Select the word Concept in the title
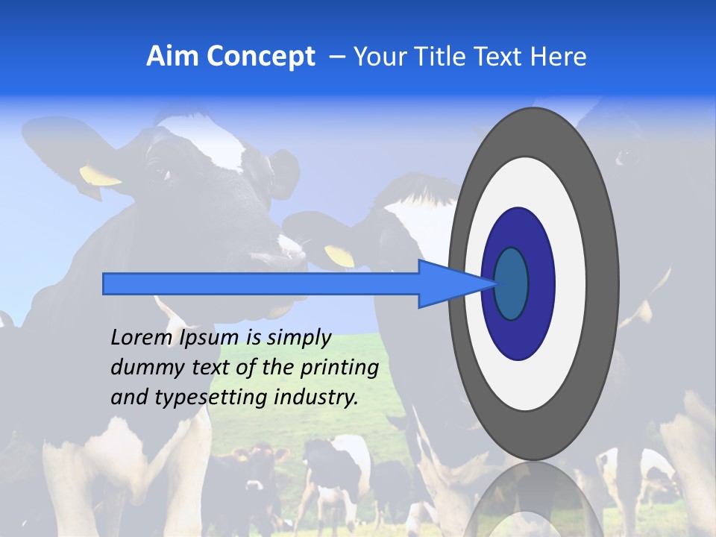tap(260, 57)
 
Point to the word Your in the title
tap(380, 57)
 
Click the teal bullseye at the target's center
tap(512, 284)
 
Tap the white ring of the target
tap(570, 284)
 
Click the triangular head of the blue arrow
tap(447, 284)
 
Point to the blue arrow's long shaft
tap(261, 284)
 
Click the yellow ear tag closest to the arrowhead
tap(340, 256)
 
